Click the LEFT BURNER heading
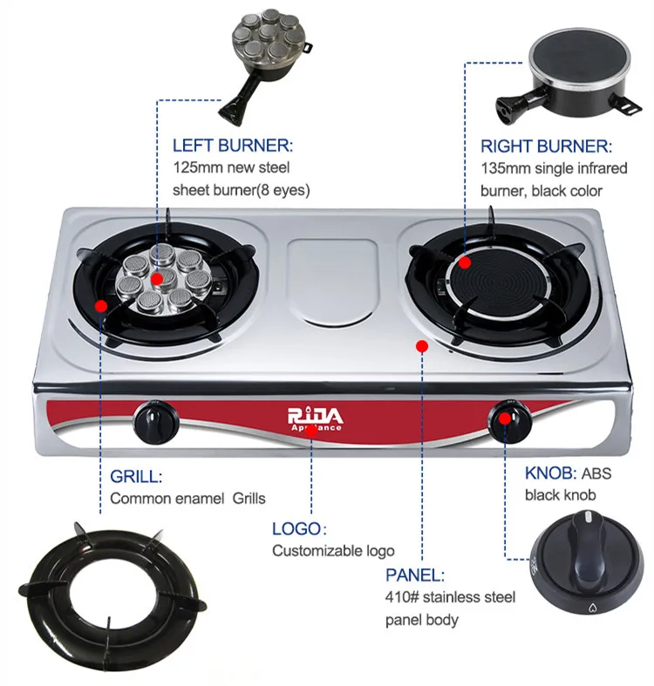233,146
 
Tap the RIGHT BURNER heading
546,146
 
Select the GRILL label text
137,477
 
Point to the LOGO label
298,528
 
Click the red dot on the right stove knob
504,417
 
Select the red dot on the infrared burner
465,261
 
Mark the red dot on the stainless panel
421,346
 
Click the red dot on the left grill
101,306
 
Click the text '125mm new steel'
231,167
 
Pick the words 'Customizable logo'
333,551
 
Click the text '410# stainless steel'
450,598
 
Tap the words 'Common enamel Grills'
187,499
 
